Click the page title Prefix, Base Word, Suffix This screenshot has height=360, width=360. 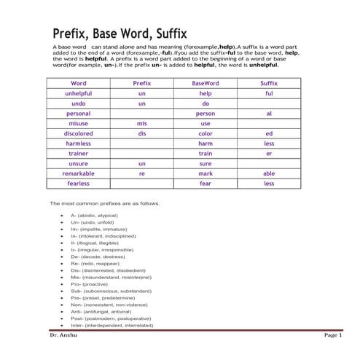[120, 34]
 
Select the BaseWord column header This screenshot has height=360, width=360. [205, 84]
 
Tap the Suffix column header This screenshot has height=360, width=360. [269, 84]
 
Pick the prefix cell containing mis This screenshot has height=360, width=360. [142, 124]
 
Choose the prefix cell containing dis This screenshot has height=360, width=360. [142, 134]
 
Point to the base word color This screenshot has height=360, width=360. [205, 134]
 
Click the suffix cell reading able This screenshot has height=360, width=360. [269, 174]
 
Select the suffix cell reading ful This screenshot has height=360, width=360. [269, 94]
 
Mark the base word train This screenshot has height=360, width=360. [205, 154]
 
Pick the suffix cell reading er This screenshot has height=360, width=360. [269, 154]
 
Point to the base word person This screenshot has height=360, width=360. [205, 114]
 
